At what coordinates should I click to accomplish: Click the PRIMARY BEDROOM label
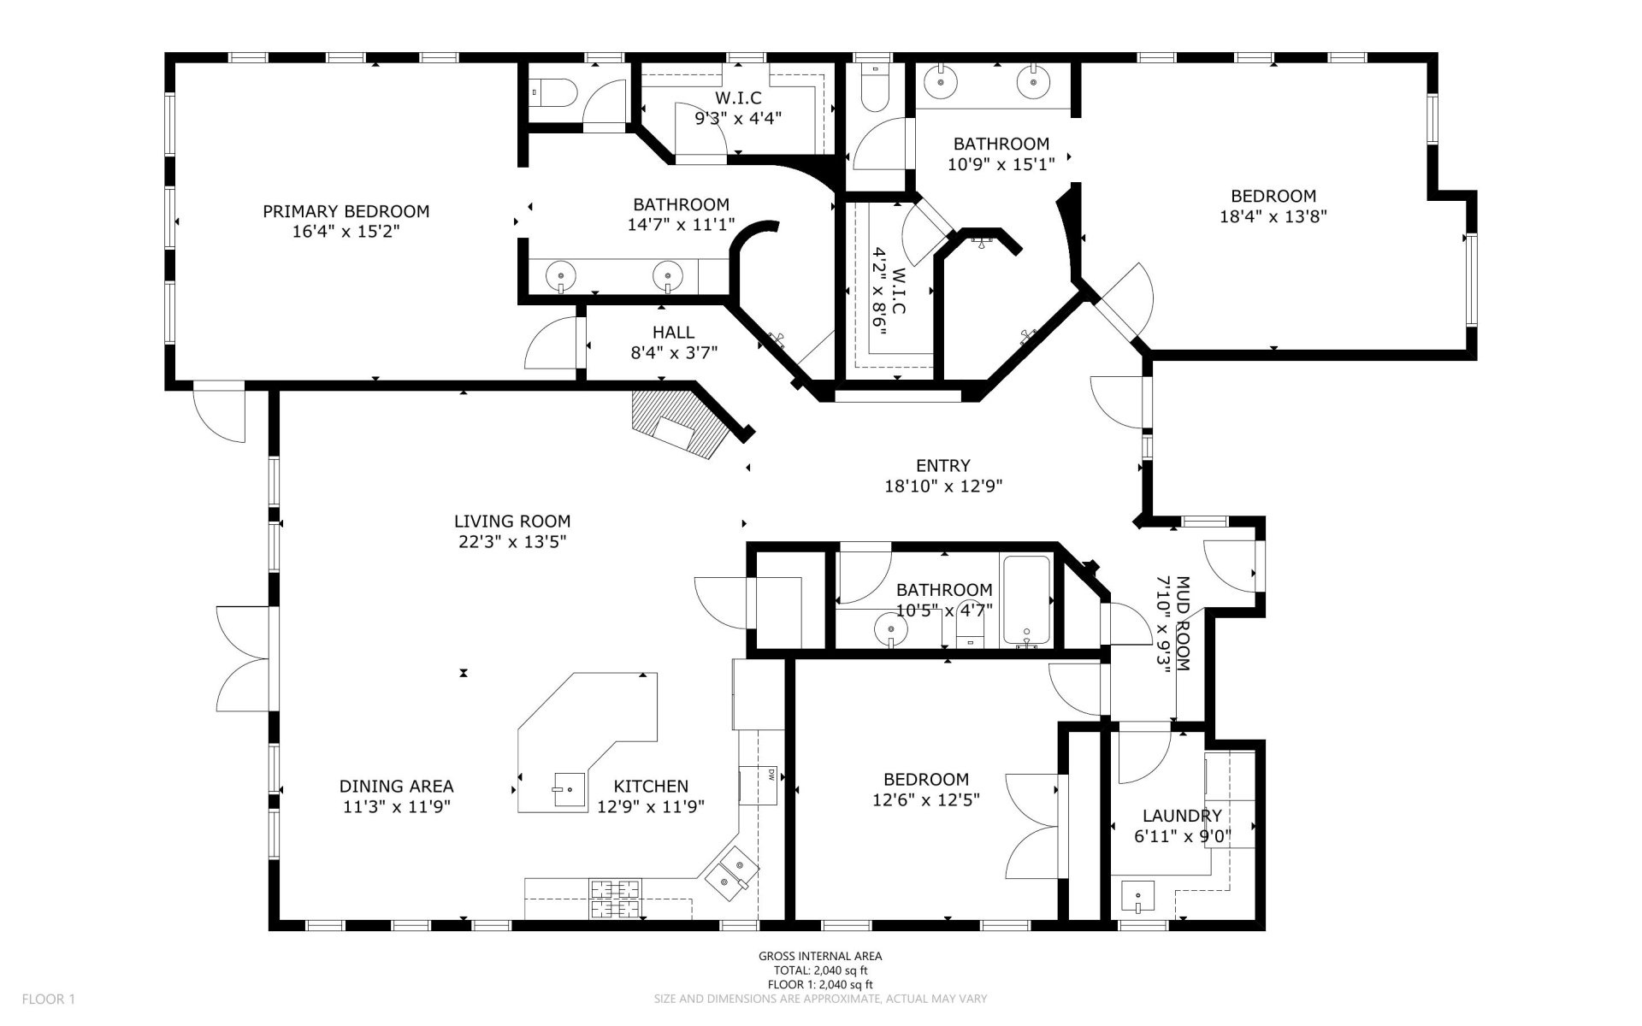click(x=346, y=211)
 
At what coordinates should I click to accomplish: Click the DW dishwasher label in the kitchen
click(x=771, y=775)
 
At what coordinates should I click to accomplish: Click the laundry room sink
click(x=1137, y=898)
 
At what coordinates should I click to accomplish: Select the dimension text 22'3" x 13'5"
click(x=511, y=541)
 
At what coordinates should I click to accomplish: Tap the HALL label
click(x=673, y=332)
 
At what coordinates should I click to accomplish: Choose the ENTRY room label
click(x=942, y=465)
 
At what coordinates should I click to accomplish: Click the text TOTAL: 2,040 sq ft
click(x=820, y=970)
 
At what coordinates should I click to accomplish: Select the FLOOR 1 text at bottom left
click(x=49, y=999)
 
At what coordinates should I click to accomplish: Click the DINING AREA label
click(x=396, y=786)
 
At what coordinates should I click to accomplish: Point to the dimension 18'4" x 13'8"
click(x=1273, y=216)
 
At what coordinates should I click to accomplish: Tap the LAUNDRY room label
click(x=1182, y=816)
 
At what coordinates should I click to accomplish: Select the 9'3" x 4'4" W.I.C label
click(x=738, y=119)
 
